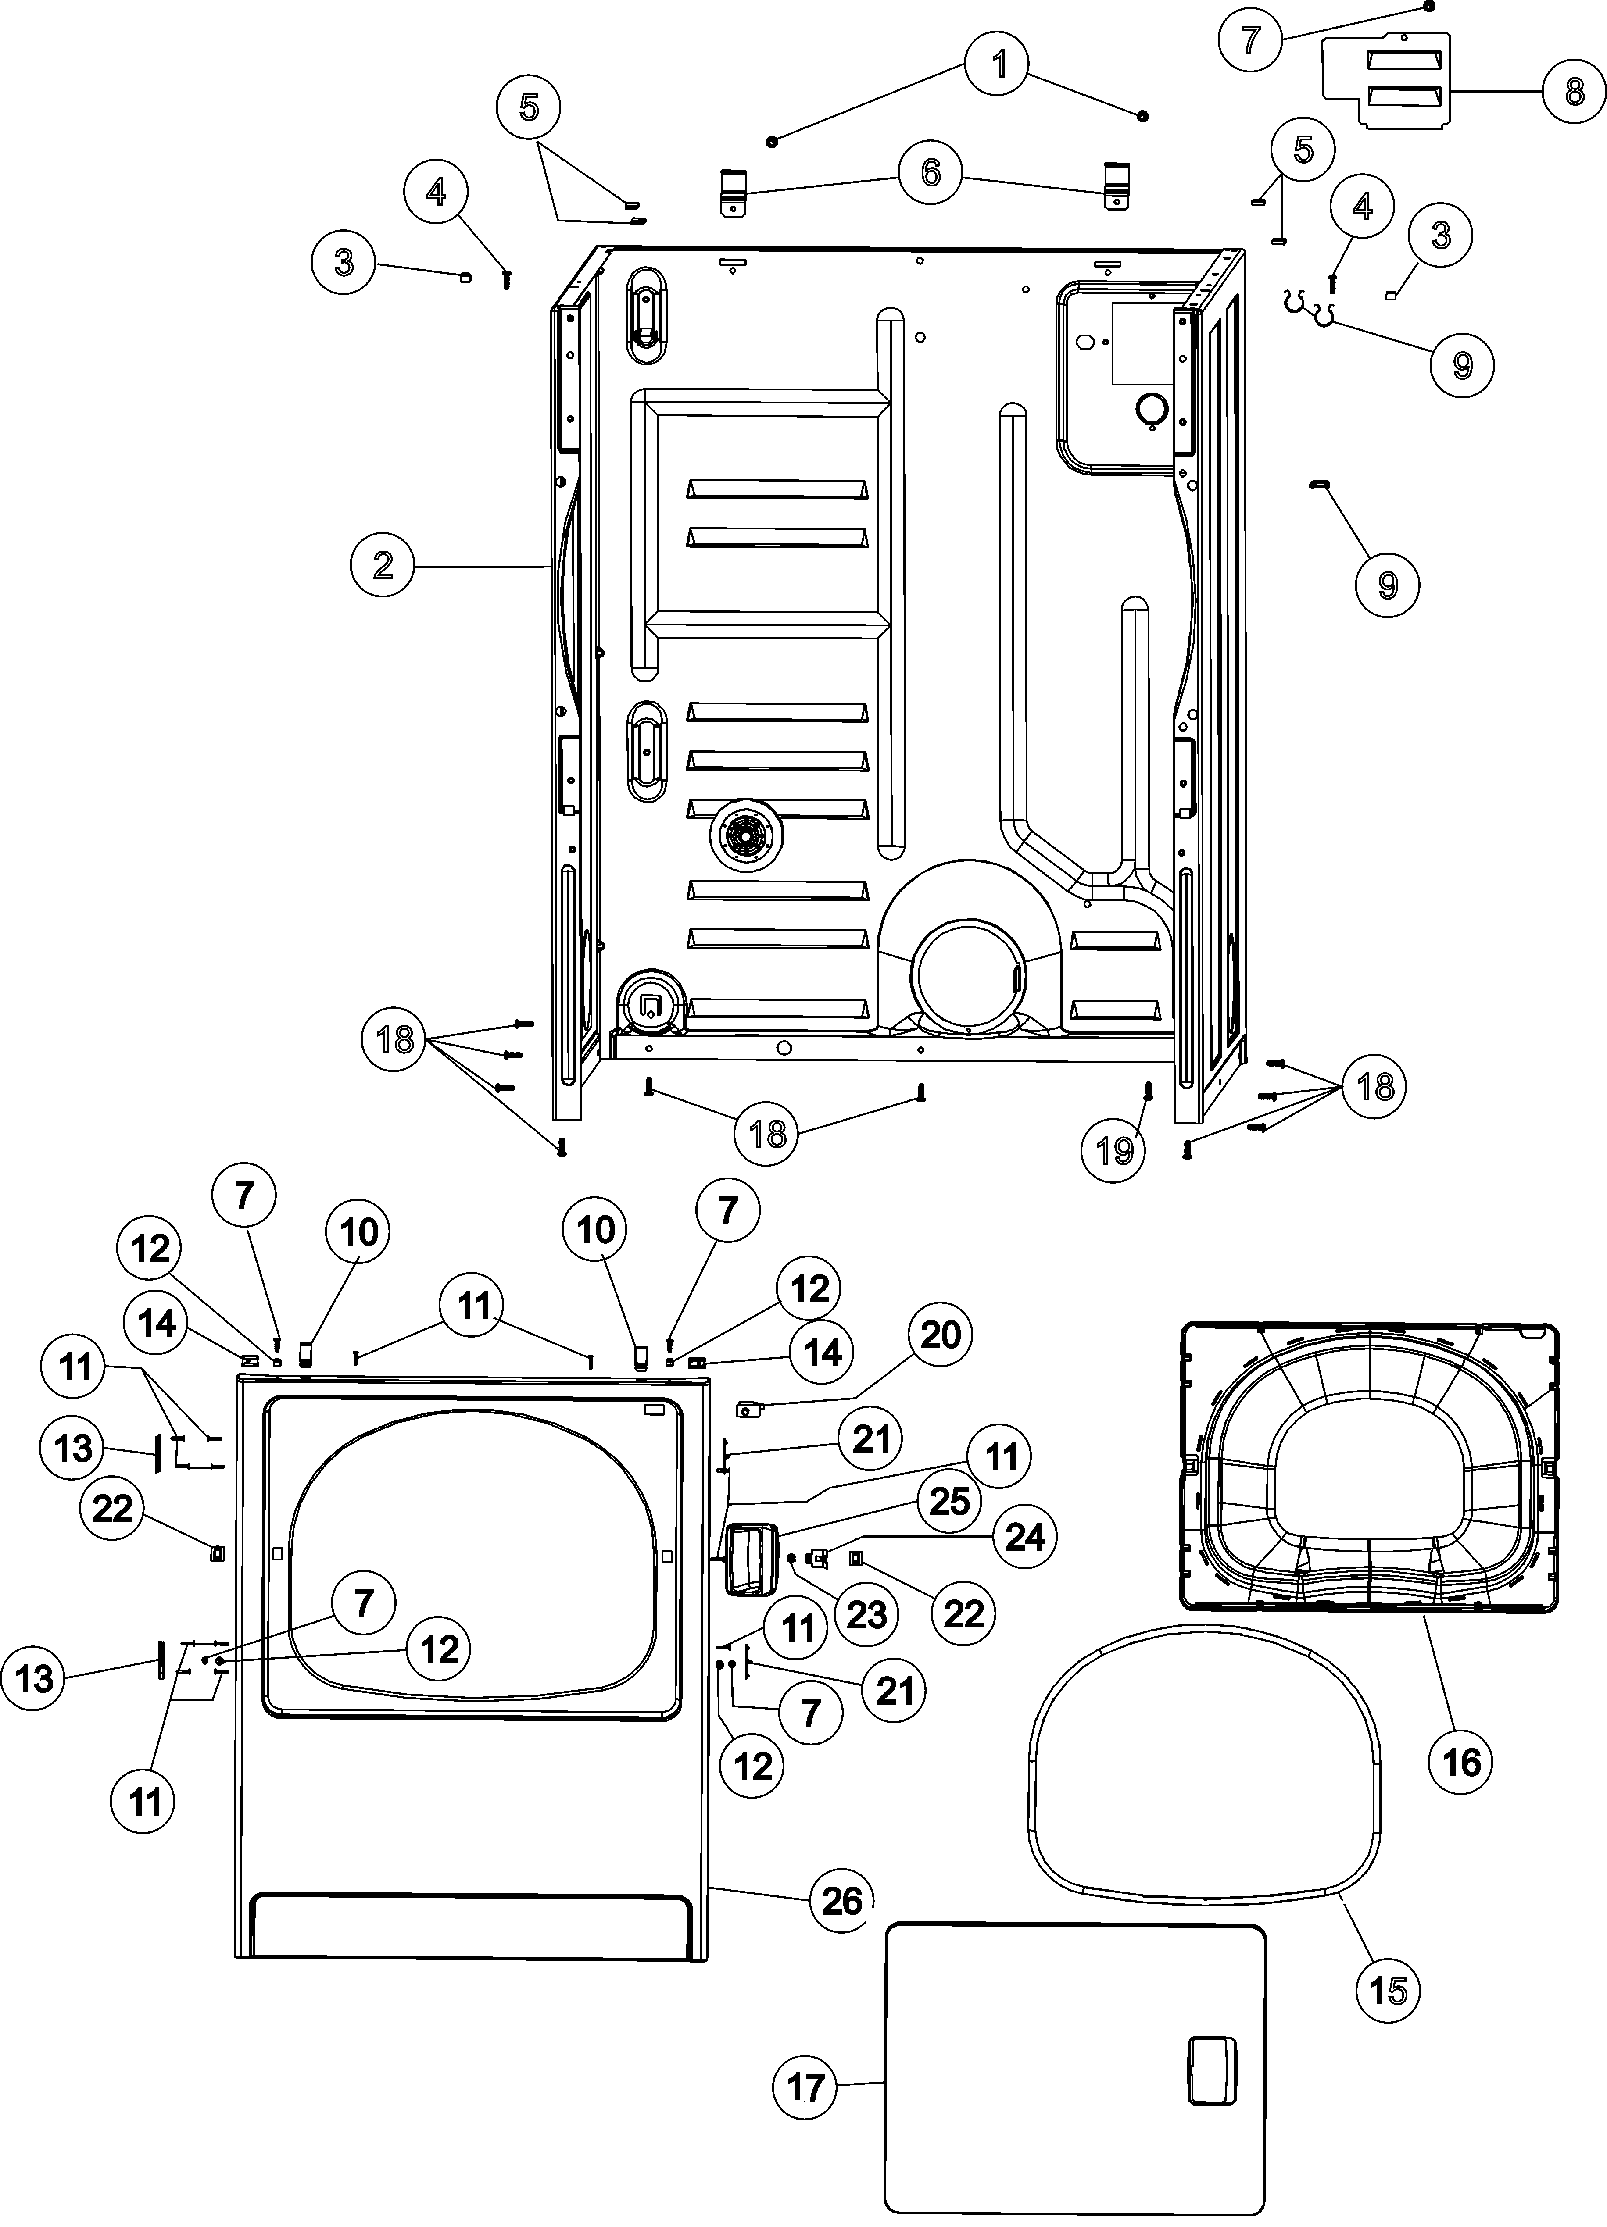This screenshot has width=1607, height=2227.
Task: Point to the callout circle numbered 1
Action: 999,65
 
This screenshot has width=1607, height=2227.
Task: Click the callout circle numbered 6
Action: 930,173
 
